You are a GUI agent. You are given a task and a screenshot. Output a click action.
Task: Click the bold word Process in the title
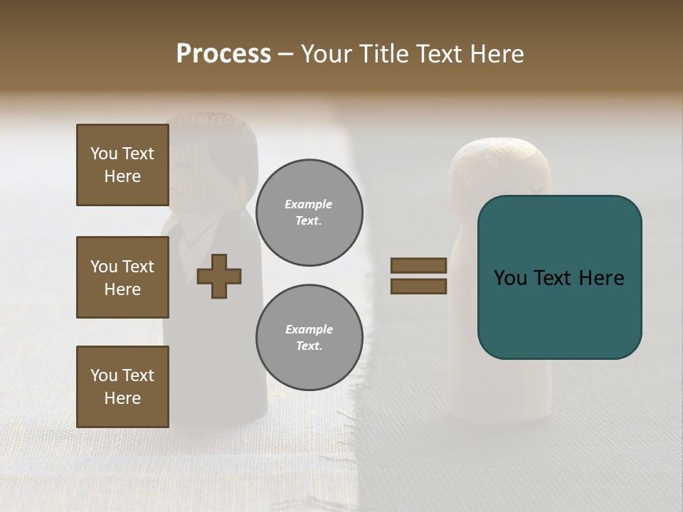tap(223, 54)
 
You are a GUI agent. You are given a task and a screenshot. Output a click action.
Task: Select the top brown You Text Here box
tap(122, 165)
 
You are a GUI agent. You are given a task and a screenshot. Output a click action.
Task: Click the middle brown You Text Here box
tap(122, 277)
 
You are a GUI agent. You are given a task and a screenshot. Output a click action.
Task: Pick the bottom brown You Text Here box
tap(122, 387)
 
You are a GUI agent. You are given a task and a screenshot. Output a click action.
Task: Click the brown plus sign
tap(219, 276)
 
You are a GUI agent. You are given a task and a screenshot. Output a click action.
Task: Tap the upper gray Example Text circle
tap(309, 213)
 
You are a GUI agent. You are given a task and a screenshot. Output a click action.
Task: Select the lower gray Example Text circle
tap(309, 338)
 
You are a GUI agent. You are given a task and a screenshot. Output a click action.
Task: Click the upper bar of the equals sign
tap(418, 265)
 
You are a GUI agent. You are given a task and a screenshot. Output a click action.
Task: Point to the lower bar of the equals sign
tap(418, 286)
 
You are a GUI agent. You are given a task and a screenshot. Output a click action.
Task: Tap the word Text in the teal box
tap(555, 278)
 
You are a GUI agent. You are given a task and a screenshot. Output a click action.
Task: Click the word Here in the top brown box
tap(122, 176)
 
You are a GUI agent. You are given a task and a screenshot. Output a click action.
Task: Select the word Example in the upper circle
tap(309, 204)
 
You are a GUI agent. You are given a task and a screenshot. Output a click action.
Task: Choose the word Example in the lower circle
tap(309, 329)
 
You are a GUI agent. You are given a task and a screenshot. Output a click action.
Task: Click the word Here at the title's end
tap(496, 54)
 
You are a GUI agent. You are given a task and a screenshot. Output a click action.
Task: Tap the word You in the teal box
tap(510, 278)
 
